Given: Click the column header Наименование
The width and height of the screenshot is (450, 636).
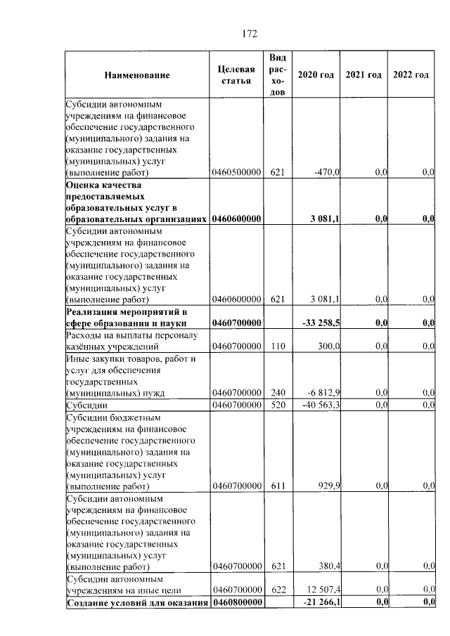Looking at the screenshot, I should (x=137, y=75).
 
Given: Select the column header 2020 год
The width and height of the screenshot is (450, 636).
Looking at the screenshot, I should (x=316, y=75).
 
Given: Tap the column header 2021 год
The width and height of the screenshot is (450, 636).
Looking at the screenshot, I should (x=364, y=75).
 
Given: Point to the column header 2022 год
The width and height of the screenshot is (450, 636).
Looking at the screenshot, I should (x=411, y=75).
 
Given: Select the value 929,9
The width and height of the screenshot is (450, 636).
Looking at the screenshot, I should (x=328, y=486).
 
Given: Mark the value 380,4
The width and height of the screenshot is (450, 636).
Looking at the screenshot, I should (x=328, y=567).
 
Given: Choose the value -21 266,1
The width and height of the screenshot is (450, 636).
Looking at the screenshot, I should (x=321, y=603).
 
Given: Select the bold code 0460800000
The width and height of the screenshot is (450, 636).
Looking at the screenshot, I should (x=237, y=603).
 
